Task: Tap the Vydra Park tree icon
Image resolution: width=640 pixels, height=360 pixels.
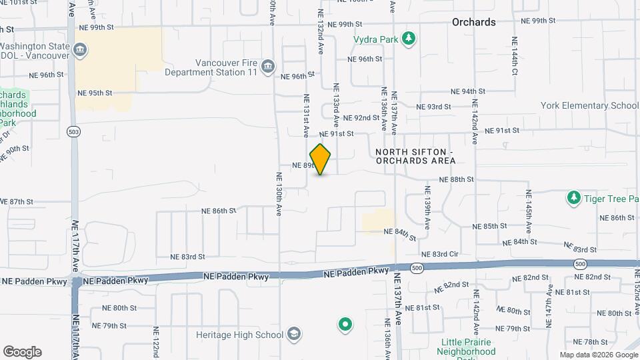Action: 409,39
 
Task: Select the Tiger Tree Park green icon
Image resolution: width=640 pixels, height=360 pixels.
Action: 573,197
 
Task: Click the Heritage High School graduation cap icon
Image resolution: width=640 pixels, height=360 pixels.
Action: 294,334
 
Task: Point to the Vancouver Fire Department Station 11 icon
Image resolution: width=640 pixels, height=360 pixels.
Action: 268,65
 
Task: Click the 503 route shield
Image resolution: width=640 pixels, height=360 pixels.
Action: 74,131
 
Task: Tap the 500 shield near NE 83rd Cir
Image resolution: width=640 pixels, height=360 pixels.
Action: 417,268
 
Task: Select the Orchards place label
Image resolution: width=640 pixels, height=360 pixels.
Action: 473,22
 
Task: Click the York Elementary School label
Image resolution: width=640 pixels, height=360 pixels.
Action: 580,105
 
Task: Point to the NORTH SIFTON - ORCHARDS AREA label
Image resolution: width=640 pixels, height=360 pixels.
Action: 415,157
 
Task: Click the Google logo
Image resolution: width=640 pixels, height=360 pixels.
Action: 22,352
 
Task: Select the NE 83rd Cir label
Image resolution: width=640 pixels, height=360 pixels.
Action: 441,255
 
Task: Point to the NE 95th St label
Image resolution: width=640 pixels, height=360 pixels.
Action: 95,93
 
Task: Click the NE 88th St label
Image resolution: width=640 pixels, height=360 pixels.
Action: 457,179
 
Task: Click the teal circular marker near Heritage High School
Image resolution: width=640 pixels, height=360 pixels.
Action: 345,325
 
